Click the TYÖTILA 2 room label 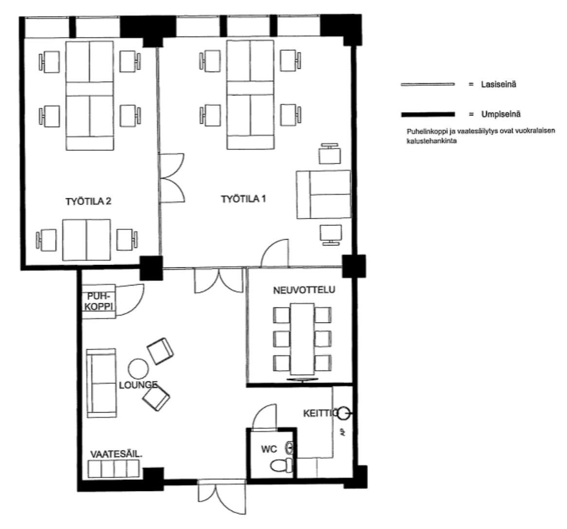[88, 202]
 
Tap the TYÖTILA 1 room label [243, 199]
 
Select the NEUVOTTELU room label [304, 290]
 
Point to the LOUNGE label [139, 385]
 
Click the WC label [269, 450]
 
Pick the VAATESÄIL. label [116, 454]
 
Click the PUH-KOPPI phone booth [99, 302]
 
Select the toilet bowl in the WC [282, 465]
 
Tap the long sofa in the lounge [102, 383]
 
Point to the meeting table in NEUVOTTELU [302, 339]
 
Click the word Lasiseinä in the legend [499, 84]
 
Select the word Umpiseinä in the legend [501, 114]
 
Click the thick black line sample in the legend [428, 114]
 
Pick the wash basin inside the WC [290, 448]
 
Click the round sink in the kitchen [344, 413]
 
